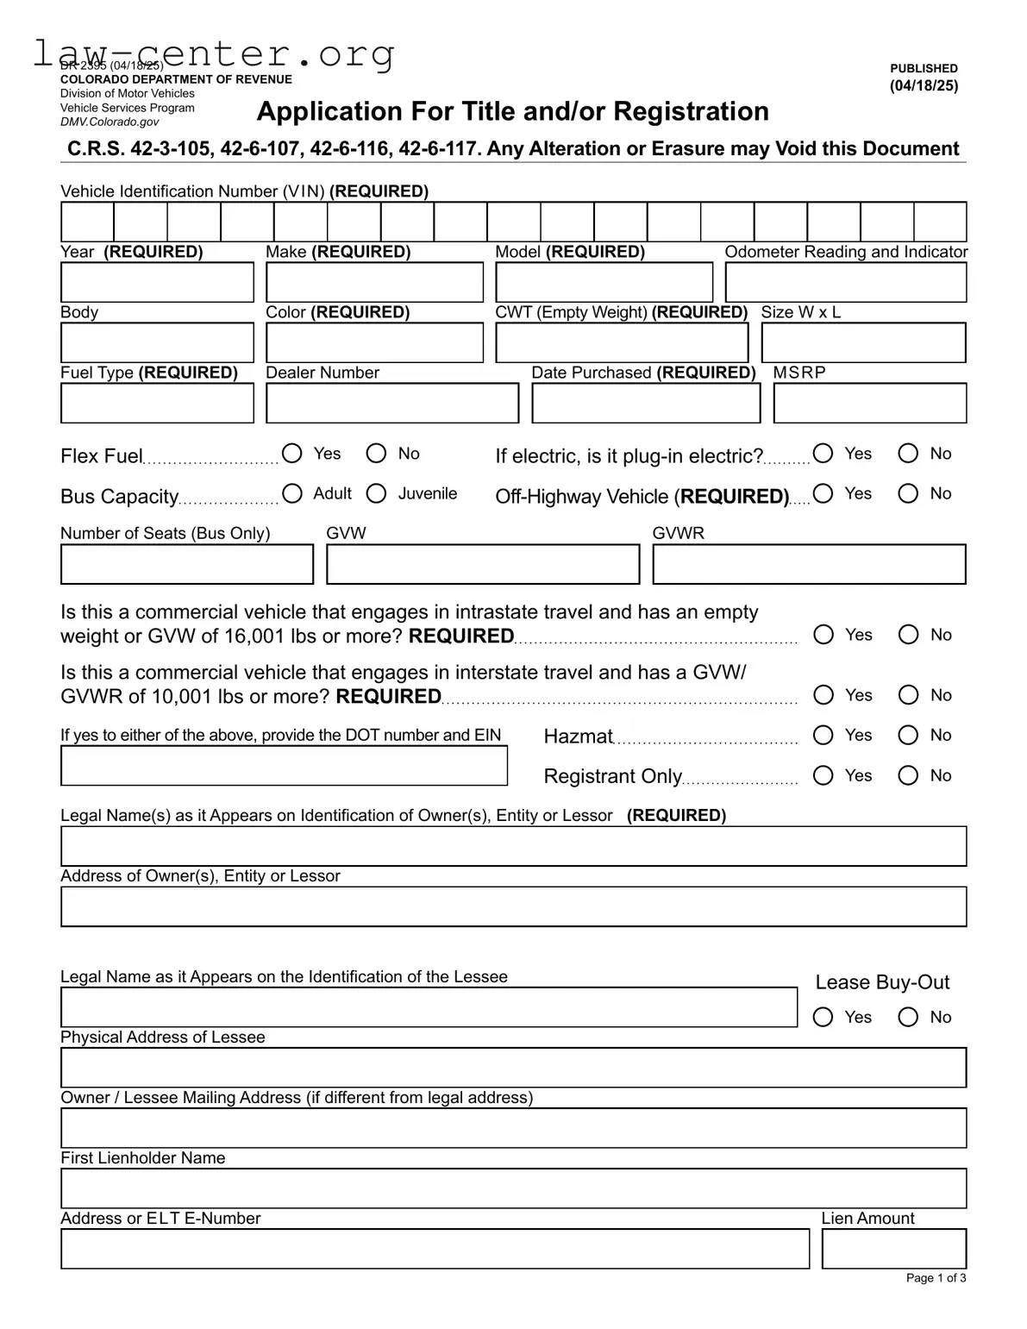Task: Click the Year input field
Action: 157,283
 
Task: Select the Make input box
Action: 374,283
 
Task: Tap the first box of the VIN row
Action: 87,223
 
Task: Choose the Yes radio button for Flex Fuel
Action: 292,454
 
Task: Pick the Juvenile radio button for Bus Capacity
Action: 377,493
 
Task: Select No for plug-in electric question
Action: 908,454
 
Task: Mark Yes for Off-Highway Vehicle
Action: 823,493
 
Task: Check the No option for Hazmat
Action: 908,735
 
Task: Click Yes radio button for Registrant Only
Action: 823,775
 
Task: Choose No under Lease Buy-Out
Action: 908,1017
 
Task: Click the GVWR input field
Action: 809,565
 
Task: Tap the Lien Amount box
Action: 893,1249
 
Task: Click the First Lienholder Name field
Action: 513,1188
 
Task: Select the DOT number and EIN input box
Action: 284,766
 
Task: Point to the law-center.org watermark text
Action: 214,53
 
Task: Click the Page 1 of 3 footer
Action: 936,1278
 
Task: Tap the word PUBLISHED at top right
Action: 924,68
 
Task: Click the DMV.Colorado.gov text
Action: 110,122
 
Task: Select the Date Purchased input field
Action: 646,404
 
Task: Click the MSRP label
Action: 799,373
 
